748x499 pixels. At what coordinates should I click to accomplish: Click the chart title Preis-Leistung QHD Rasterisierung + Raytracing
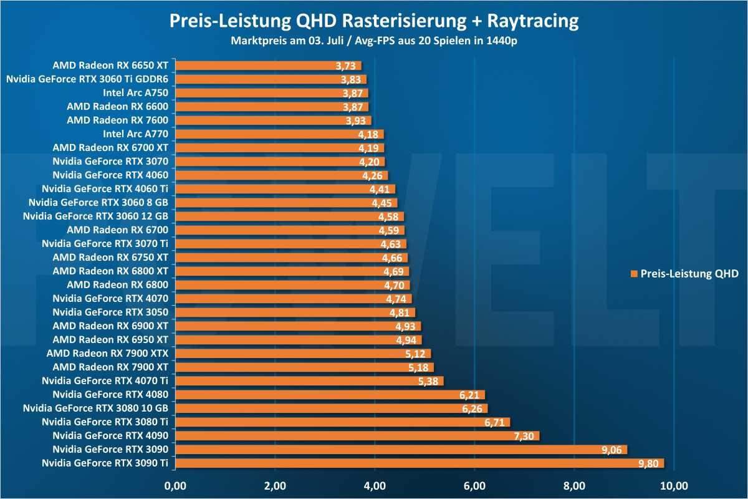click(x=374, y=21)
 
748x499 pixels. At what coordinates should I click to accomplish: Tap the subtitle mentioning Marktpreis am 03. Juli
click(x=374, y=42)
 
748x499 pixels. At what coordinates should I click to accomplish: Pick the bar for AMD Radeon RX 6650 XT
click(x=268, y=65)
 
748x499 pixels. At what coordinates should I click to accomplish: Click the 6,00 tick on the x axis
click(x=474, y=485)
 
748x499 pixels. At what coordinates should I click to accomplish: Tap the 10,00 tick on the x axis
click(x=674, y=485)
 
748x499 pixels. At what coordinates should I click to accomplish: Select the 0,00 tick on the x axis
click(x=175, y=485)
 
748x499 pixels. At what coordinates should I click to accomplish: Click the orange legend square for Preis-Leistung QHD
click(x=635, y=274)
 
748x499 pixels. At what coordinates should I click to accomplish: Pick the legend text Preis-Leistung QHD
click(x=689, y=274)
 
